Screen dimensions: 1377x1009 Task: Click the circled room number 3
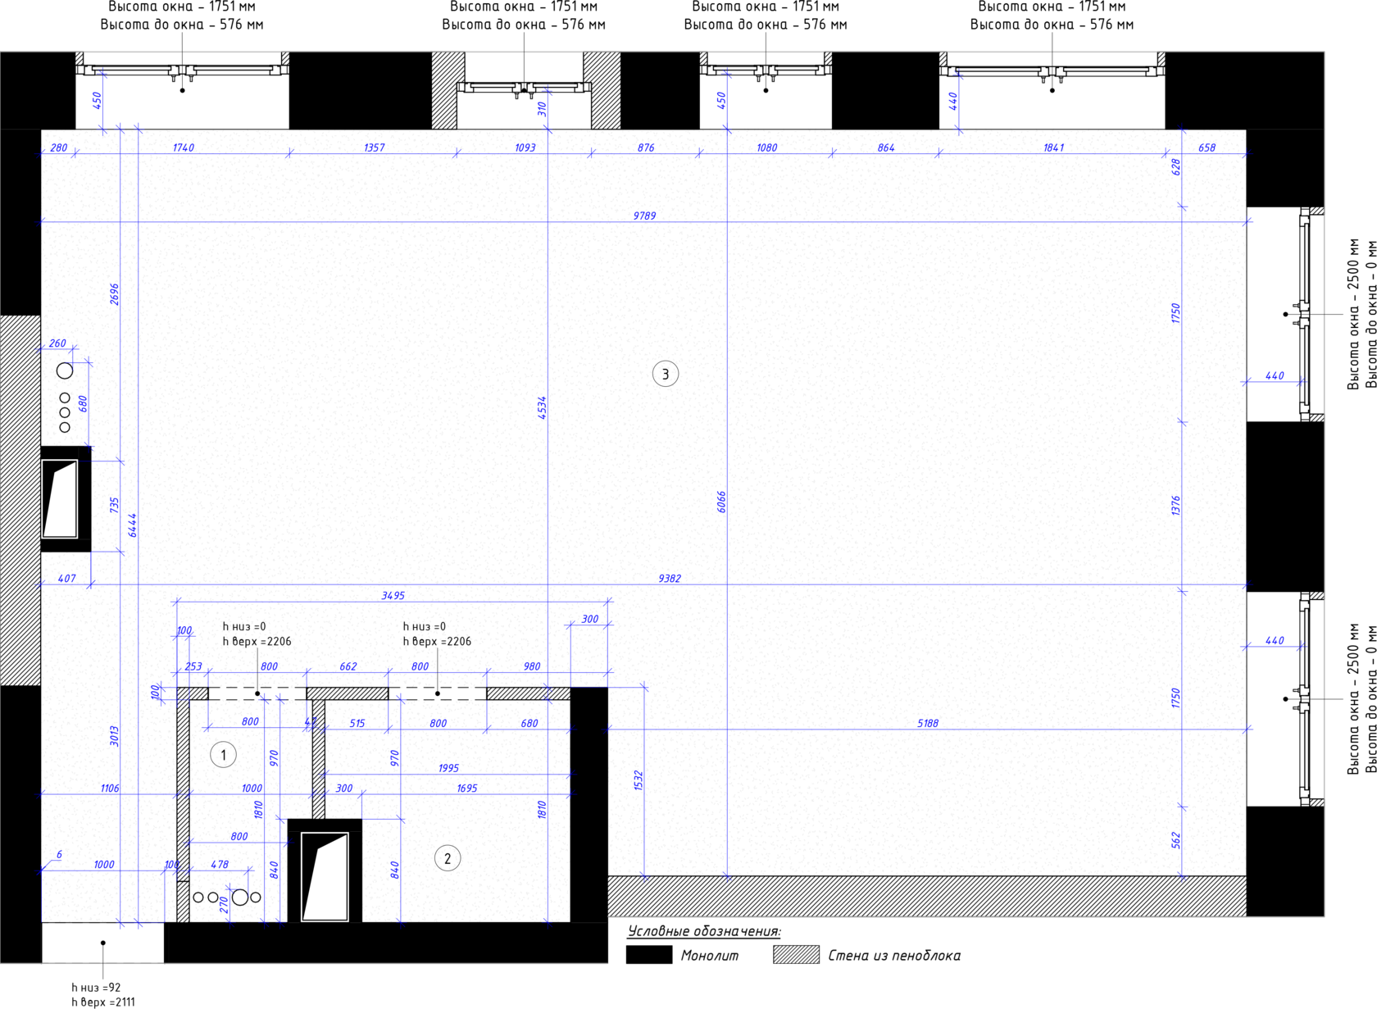point(666,374)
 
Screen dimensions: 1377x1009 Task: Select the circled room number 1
point(223,754)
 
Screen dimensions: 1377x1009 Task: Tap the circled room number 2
point(448,858)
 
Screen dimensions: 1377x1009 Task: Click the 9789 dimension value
point(644,216)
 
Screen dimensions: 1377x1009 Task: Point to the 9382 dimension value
point(670,579)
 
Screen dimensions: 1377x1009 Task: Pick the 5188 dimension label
point(928,723)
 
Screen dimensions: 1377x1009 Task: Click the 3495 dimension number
point(393,595)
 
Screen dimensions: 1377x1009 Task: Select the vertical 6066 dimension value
point(721,502)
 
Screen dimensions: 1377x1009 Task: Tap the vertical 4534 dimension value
point(543,407)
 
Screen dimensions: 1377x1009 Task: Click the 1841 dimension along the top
point(1053,148)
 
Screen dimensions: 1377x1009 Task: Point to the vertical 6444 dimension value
point(133,525)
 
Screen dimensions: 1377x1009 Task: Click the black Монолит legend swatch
point(648,955)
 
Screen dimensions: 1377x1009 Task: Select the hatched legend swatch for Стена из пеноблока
point(796,955)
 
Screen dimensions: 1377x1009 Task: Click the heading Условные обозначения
point(704,931)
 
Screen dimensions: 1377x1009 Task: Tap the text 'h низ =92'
point(97,988)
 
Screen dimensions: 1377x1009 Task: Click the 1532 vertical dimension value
point(639,780)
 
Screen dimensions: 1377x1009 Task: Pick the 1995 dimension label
point(448,768)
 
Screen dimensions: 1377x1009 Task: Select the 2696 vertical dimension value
point(115,294)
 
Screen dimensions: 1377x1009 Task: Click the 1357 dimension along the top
point(374,148)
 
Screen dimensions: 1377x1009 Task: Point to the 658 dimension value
point(1207,148)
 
